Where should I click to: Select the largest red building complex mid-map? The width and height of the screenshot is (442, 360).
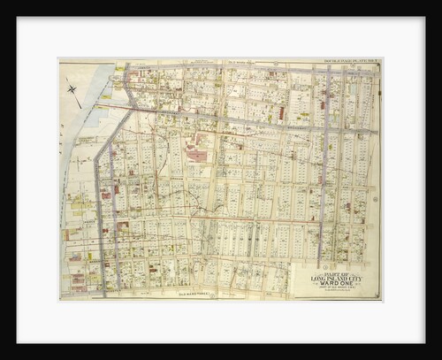click(196, 156)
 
